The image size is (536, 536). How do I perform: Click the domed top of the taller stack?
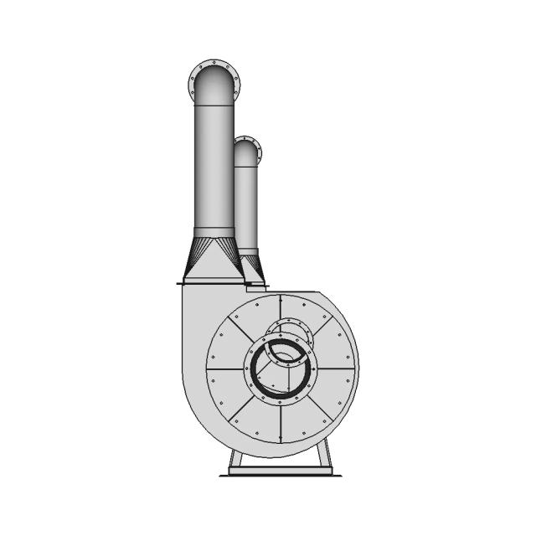(214, 84)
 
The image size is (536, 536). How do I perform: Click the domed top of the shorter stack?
(247, 153)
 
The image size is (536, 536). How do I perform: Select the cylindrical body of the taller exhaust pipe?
(214, 167)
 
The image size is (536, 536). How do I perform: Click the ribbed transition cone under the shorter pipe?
(252, 266)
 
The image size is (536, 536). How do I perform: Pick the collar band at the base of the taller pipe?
(214, 232)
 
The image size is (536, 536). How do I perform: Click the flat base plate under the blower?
(281, 472)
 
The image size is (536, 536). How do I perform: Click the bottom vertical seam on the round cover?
(281, 423)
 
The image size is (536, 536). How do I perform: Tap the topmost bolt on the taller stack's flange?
(214, 62)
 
